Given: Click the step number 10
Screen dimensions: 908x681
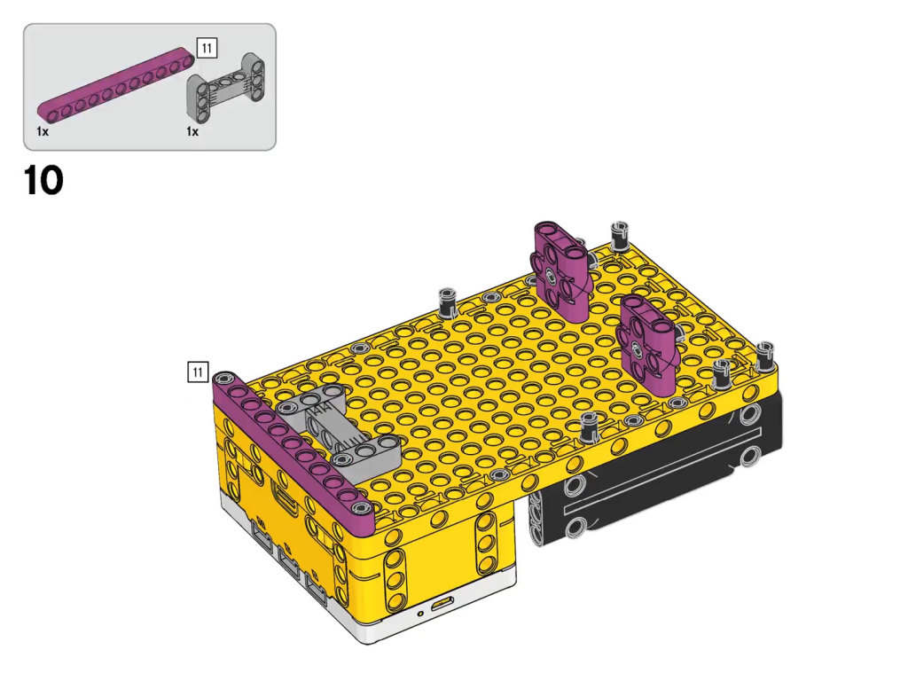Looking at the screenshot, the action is point(43,181).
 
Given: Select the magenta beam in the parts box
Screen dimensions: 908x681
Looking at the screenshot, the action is point(116,85).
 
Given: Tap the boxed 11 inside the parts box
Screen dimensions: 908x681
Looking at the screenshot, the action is point(207,48).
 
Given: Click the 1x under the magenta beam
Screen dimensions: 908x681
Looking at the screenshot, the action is point(43,131).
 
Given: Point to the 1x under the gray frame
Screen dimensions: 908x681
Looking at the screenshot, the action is point(192,131).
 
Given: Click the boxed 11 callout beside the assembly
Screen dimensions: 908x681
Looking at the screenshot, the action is point(198,372).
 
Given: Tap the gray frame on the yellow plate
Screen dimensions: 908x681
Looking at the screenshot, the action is point(341,426).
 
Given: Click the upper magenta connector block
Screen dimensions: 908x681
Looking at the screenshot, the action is point(561,271).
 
